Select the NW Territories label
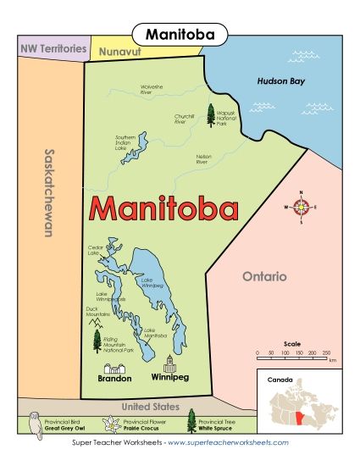tap(53, 49)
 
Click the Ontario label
tap(264, 276)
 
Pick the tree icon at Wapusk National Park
tap(209, 116)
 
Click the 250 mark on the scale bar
tap(325, 351)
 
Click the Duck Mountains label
tap(97, 312)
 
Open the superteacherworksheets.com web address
tap(229, 442)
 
